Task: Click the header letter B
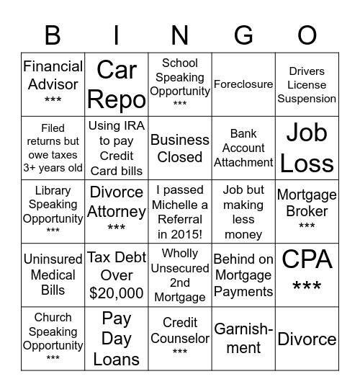(x=53, y=35)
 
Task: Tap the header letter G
(x=243, y=35)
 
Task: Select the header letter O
(x=307, y=35)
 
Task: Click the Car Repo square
(x=117, y=84)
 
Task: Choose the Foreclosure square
(x=243, y=84)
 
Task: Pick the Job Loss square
(x=307, y=148)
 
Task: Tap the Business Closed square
(x=180, y=148)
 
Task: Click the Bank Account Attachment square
(x=243, y=148)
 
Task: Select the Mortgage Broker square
(x=307, y=209)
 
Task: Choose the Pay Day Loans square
(x=117, y=339)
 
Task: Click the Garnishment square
(x=243, y=339)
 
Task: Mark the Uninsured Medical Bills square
(x=53, y=275)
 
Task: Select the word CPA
(x=307, y=259)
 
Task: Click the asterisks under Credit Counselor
(x=180, y=352)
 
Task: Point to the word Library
(x=53, y=190)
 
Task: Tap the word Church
(x=53, y=317)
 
